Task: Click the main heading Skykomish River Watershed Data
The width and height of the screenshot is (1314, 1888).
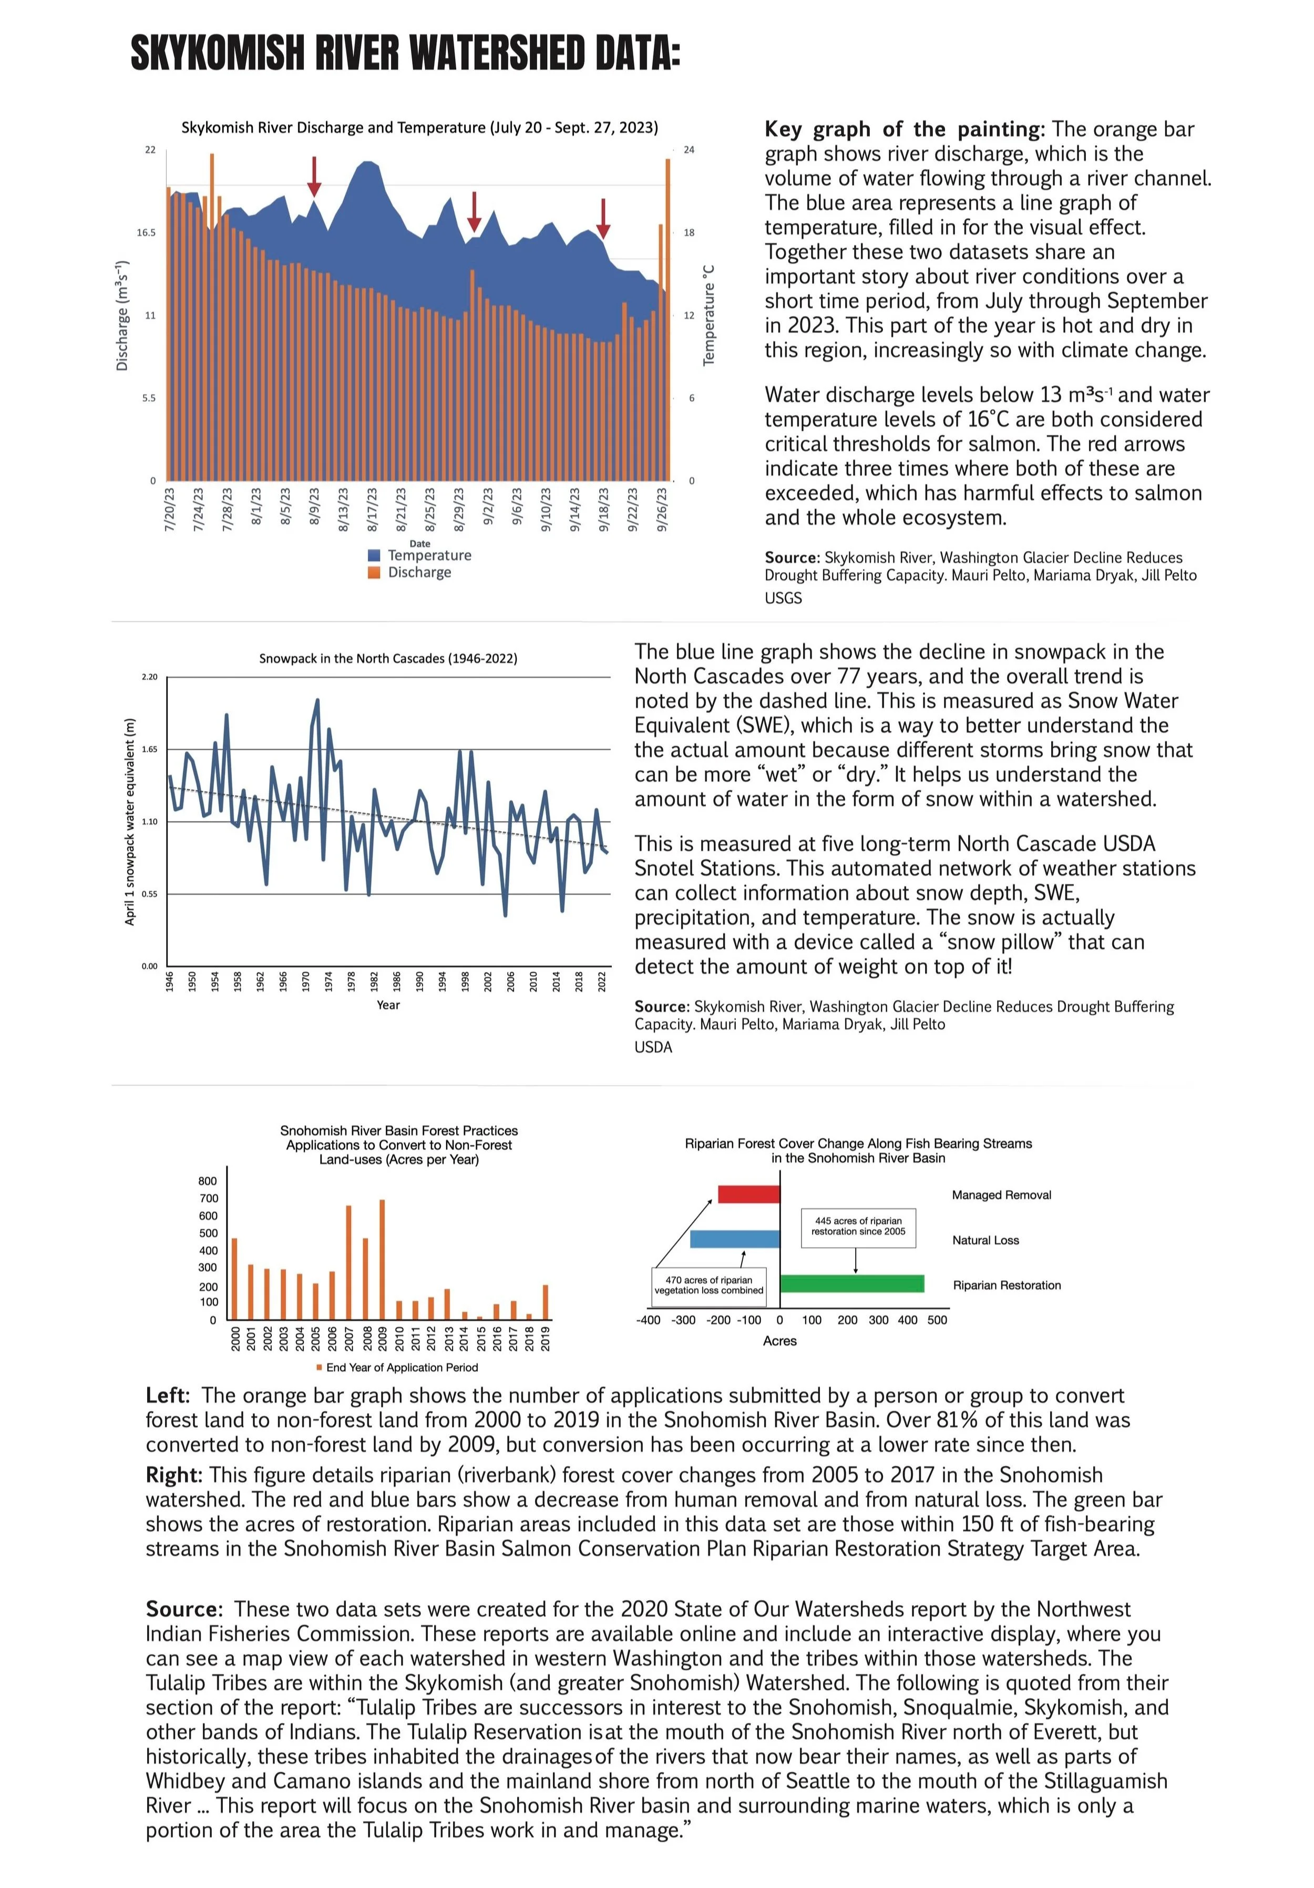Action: [x=405, y=54]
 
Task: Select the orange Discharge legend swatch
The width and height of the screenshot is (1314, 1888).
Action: [x=374, y=573]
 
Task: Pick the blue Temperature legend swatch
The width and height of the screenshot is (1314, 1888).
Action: [x=374, y=555]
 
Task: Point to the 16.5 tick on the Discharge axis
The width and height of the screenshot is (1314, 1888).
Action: [x=146, y=233]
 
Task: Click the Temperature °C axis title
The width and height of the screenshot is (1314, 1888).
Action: [x=709, y=315]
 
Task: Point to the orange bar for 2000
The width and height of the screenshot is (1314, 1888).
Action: [x=234, y=1278]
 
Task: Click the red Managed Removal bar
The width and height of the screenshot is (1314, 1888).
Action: [x=748, y=1194]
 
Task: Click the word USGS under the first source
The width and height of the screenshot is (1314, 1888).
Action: [x=783, y=598]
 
